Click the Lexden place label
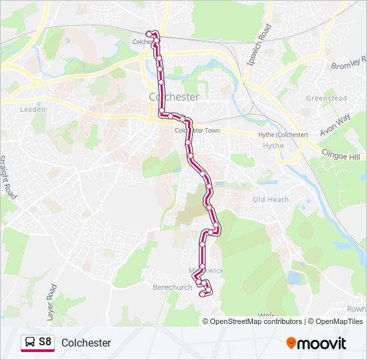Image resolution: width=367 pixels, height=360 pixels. click(33, 109)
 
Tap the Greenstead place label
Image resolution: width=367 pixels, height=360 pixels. click(326, 98)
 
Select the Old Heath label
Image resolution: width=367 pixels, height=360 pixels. click(270, 200)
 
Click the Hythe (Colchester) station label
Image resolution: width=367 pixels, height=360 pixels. click(283, 135)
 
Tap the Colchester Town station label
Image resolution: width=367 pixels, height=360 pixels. click(198, 131)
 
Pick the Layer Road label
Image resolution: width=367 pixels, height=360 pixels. click(51, 301)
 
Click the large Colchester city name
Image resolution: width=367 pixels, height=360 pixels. click(174, 97)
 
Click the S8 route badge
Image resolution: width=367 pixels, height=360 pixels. click(37, 343)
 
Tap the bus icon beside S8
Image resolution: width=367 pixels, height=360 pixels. click(30, 343)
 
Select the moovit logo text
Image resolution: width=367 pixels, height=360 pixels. click(322, 343)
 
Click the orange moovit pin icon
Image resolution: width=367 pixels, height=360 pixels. click(291, 343)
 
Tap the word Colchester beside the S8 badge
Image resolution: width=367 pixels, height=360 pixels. click(86, 343)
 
